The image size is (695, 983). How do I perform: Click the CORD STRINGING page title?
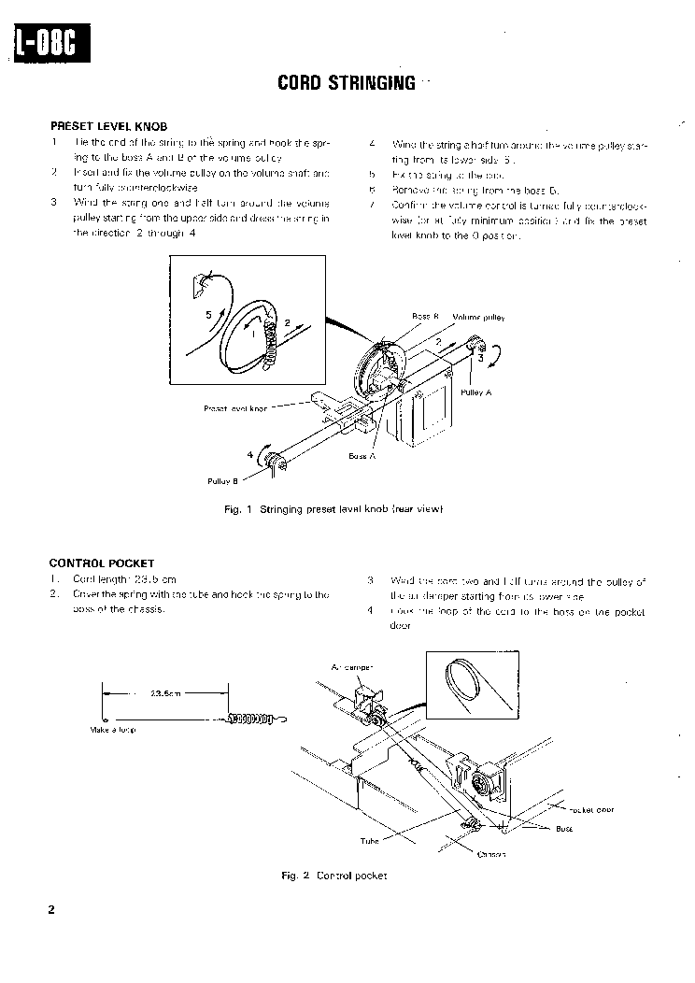[347, 83]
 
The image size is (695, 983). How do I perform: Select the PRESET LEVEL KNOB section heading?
[108, 125]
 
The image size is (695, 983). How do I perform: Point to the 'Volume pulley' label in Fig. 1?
[478, 318]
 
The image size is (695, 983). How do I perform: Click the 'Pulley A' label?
[475, 392]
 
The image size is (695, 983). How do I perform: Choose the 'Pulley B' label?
[223, 480]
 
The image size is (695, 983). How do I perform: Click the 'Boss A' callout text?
[362, 456]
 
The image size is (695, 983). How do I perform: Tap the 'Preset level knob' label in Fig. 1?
[235, 408]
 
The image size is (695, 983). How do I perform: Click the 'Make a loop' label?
[114, 730]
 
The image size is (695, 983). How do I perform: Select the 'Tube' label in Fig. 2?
[370, 840]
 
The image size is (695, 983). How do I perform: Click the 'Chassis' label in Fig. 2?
[491, 854]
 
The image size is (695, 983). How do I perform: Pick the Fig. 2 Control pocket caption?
[333, 876]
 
